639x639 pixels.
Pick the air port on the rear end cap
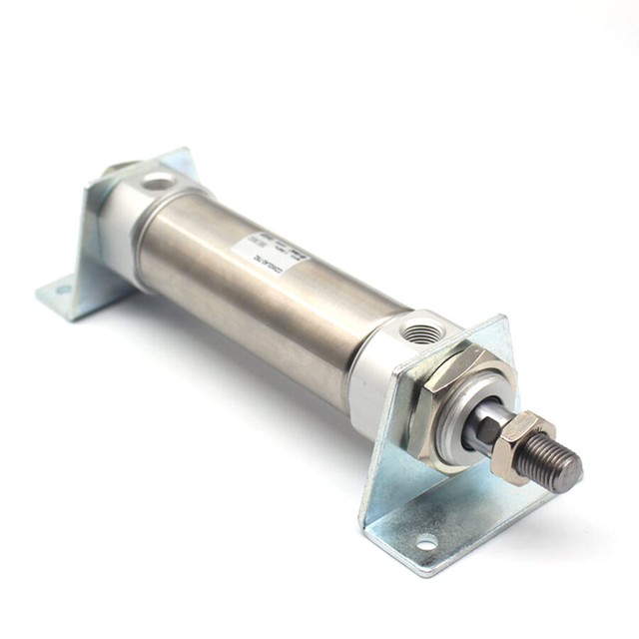pyautogui.click(x=157, y=183)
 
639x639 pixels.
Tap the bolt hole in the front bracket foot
pyautogui.click(x=426, y=543)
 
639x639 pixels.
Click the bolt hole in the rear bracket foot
pyautogui.click(x=62, y=292)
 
